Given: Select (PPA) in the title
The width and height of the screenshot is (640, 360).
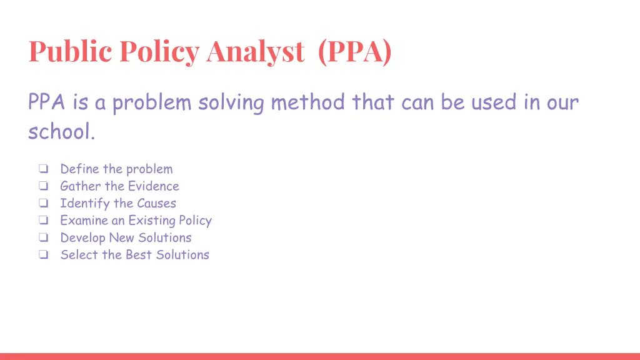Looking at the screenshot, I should (354, 52).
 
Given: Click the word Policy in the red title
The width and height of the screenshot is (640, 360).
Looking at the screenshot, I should (159, 52).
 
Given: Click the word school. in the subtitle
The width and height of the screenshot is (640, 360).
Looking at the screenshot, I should (62, 131).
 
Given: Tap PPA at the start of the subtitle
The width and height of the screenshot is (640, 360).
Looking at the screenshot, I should (47, 102).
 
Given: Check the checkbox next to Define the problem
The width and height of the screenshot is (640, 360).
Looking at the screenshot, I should (43, 169).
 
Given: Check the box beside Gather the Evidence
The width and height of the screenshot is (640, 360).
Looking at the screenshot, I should (43, 186).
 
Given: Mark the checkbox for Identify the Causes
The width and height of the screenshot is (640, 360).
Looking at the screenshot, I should (43, 204).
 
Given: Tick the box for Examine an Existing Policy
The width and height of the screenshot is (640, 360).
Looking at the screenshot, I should (43, 221).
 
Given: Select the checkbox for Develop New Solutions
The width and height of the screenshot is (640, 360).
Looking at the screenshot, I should (43, 238).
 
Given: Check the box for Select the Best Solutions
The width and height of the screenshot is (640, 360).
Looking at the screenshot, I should (43, 255).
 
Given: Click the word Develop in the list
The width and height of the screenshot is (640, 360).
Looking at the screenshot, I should (82, 238).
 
